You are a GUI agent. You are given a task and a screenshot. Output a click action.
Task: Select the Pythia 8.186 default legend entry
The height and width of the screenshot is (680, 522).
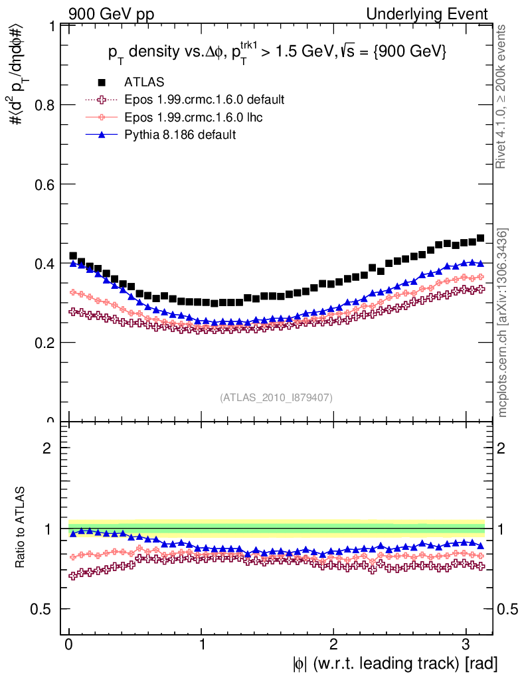[180, 135]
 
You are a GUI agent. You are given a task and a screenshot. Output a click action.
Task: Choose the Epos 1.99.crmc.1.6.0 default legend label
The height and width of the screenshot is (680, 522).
[204, 100]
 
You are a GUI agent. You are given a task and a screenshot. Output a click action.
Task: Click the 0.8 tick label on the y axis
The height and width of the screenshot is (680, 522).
[44, 105]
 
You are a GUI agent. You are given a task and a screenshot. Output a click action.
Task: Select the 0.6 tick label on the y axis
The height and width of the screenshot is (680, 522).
[44, 184]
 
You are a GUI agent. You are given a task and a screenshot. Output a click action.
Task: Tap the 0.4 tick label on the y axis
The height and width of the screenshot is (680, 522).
[44, 264]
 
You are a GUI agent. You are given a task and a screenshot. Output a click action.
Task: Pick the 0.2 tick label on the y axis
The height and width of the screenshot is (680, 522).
[44, 343]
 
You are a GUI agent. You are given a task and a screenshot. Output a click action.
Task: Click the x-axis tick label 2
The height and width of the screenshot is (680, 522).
[333, 643]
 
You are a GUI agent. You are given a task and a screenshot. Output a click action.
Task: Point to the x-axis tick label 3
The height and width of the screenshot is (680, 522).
[466, 643]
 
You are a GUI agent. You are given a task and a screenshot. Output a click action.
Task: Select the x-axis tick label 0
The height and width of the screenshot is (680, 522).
[69, 643]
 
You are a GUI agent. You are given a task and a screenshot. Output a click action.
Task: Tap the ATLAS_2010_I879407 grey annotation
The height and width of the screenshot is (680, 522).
[276, 397]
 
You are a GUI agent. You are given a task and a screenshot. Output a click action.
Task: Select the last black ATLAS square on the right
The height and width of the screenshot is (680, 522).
[480, 238]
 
